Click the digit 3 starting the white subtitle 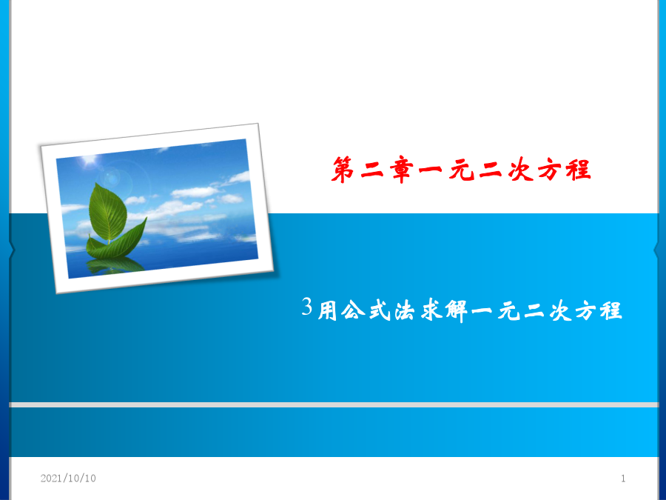coord(307,306)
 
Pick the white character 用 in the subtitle coord(328,311)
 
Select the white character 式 coord(380,310)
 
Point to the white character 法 coord(405,311)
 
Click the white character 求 coord(431,310)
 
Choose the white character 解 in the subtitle coord(457,311)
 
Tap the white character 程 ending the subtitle coord(611,310)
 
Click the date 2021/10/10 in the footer coord(68,479)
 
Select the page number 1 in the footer coord(623,479)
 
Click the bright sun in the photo coord(90,160)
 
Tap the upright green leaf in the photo coord(108,212)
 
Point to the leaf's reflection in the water coord(114,265)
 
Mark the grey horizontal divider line coord(334,404)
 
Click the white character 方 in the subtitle coord(586,311)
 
